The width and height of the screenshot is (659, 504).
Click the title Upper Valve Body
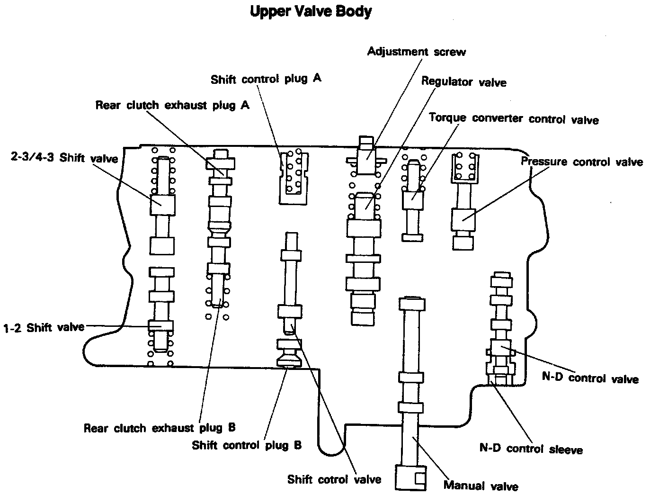point(310,12)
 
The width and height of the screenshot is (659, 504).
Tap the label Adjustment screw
point(416,52)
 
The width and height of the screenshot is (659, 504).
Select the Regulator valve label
point(463,82)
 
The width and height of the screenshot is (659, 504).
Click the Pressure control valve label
point(582,162)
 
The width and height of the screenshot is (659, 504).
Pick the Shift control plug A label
point(266,79)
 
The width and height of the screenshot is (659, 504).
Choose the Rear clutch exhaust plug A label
point(172,105)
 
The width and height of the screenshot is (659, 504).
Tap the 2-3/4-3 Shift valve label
point(64,158)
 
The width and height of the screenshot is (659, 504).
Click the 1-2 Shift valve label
point(44,327)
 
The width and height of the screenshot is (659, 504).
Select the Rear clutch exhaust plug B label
point(160,428)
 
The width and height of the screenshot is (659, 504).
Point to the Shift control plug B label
point(247,445)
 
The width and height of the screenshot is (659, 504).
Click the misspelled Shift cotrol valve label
point(334,479)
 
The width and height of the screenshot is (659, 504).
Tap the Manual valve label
point(481,486)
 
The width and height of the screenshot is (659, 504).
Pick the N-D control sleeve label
point(531,449)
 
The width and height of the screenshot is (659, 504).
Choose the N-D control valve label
point(590,378)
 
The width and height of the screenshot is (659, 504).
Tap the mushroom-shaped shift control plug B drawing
point(288,353)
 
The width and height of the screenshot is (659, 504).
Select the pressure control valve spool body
point(463,219)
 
